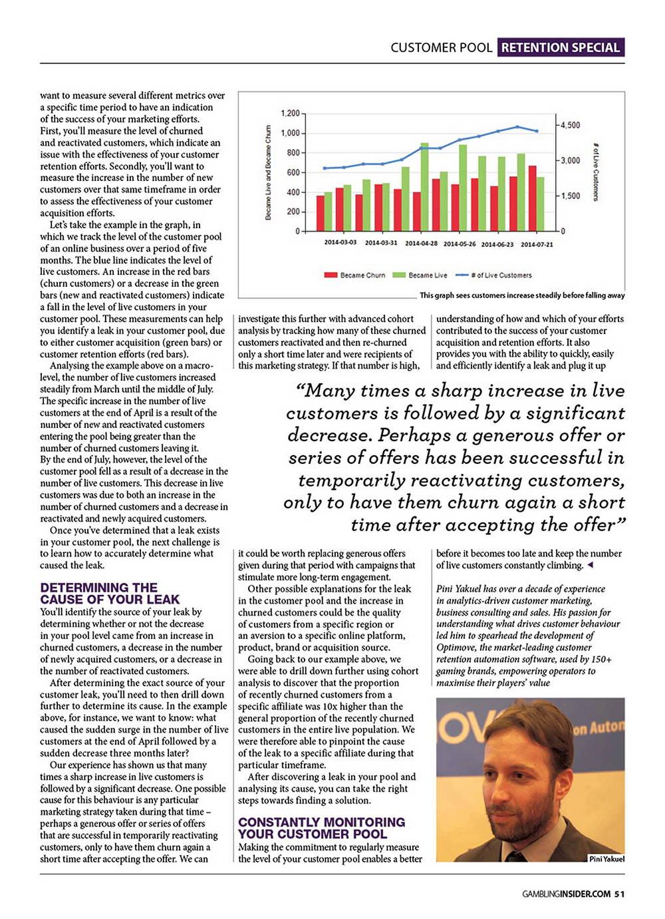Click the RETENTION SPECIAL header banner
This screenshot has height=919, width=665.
(x=560, y=47)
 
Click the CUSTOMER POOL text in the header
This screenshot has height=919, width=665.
(x=441, y=47)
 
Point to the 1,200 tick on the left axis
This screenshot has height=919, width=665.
(x=290, y=113)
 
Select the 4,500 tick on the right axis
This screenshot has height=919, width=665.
(x=571, y=125)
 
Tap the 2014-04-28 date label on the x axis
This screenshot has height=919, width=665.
(x=421, y=244)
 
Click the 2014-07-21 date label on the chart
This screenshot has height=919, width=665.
(x=537, y=244)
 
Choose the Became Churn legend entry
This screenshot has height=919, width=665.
(x=355, y=275)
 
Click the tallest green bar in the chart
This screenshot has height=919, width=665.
(x=424, y=186)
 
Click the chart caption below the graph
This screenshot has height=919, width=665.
(x=522, y=295)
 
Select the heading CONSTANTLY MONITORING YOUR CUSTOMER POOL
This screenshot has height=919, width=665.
(x=321, y=828)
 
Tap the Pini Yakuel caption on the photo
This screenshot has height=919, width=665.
(x=606, y=858)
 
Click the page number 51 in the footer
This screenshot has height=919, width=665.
(x=619, y=894)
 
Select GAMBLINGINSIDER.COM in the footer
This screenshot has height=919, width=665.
(x=566, y=894)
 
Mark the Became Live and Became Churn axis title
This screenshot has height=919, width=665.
(x=269, y=172)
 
